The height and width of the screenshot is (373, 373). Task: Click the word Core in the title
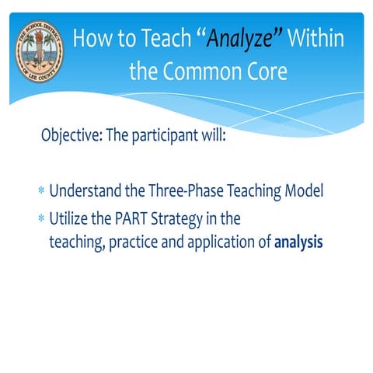click(267, 72)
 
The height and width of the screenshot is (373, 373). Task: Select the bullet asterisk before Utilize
click(40, 219)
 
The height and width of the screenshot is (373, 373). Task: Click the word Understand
click(86, 191)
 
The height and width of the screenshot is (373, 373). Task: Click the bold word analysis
click(298, 242)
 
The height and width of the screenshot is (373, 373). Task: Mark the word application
click(219, 242)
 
